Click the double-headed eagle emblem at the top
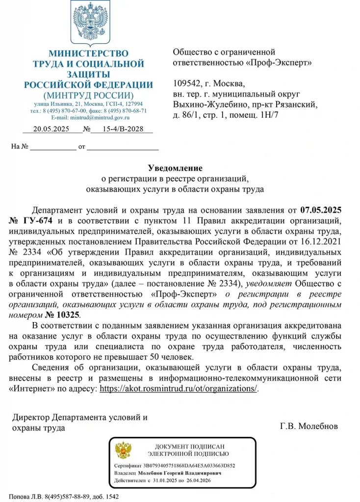pos(89,23)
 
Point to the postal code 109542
pos(187,82)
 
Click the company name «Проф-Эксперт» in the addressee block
pos(279,63)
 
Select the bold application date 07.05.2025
pos(327,211)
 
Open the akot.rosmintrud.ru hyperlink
pos(179,389)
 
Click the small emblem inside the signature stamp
pos(123,450)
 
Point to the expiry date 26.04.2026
pos(196,481)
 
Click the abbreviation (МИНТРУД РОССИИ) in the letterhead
pos(88,95)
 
